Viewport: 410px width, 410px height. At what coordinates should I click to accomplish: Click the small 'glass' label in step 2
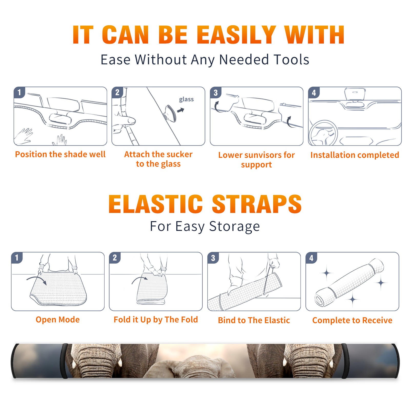[186, 99]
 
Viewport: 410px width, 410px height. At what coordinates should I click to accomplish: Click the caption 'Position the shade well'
[60, 154]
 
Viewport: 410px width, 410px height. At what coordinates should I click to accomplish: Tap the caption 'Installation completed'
[355, 155]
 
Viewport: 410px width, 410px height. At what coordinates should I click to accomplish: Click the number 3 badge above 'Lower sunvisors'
[216, 93]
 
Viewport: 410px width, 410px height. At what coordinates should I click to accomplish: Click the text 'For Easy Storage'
[205, 227]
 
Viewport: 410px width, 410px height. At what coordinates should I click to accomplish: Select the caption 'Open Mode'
[58, 320]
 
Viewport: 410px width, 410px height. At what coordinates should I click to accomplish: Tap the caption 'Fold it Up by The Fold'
[156, 320]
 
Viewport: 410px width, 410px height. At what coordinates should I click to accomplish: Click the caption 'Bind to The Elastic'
[254, 320]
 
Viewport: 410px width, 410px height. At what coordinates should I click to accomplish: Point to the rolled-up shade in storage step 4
[349, 282]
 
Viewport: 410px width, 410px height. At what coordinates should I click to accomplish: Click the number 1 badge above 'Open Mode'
[17, 258]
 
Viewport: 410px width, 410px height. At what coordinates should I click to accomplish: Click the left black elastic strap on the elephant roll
[65, 361]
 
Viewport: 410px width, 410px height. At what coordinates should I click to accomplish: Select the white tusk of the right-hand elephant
[285, 362]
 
